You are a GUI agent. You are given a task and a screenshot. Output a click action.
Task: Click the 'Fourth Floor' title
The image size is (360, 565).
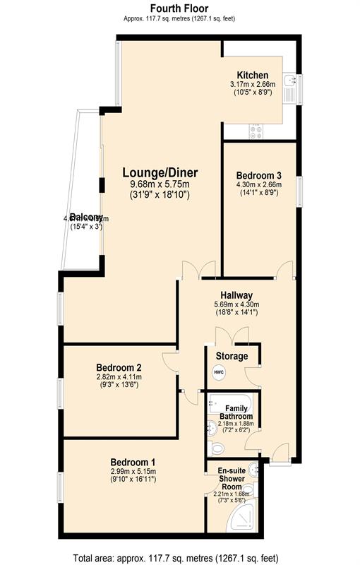pos(179,8)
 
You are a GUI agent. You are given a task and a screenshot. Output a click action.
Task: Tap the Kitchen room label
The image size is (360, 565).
pos(252,76)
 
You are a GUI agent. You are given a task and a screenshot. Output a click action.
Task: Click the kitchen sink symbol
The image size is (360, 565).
pos(289,83)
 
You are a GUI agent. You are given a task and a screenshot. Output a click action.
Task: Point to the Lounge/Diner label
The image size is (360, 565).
pos(160,172)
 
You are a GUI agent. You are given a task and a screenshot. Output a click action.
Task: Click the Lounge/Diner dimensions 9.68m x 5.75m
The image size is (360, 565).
pos(160,185)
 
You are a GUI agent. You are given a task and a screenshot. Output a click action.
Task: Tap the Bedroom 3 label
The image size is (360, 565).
pos(259,176)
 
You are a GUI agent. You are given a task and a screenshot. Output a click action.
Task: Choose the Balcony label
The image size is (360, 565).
pos(86,218)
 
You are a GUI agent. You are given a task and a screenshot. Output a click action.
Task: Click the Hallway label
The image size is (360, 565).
pos(236,295)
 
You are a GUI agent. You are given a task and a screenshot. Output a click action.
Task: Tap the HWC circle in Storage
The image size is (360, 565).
pos(218,371)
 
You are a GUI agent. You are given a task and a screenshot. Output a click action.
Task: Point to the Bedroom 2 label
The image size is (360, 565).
pos(119,367)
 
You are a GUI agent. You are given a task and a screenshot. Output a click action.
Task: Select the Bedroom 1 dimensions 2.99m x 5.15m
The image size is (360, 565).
pos(133,471)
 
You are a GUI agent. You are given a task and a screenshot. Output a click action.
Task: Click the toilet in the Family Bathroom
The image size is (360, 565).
pos(217,446)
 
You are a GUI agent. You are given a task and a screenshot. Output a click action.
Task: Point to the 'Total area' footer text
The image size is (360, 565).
pos(179,556)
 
